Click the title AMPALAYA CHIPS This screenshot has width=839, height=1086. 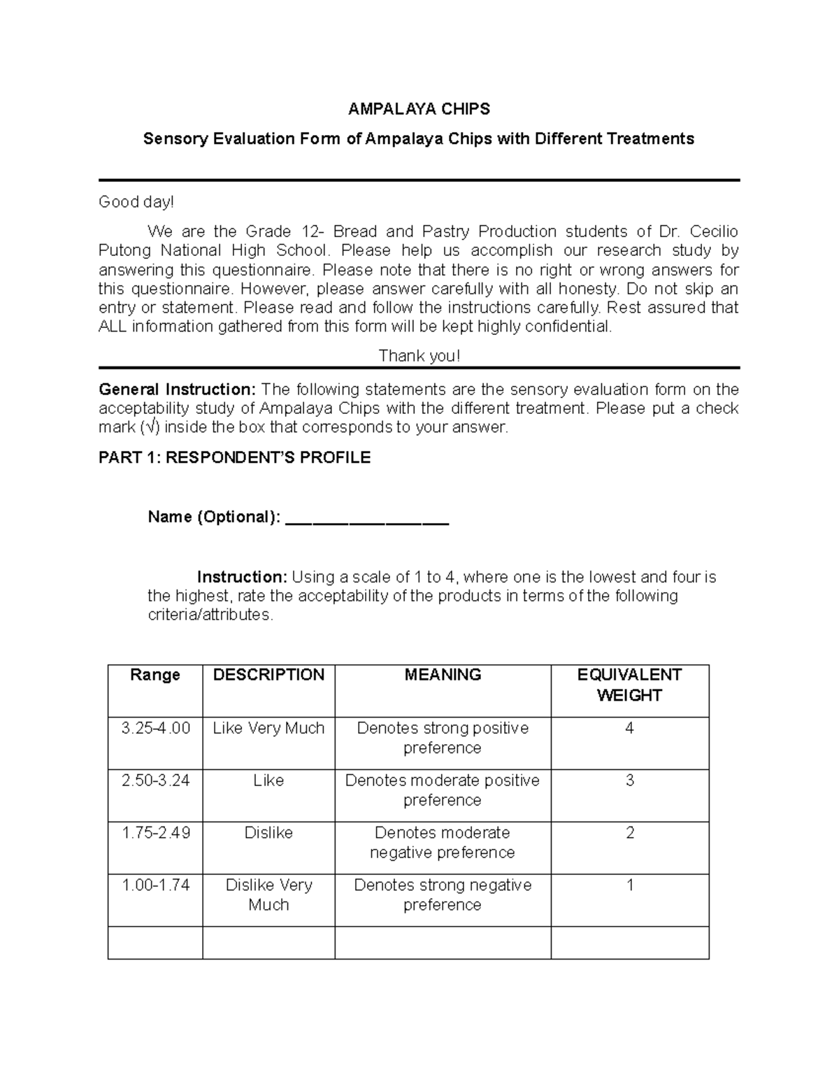[x=419, y=109]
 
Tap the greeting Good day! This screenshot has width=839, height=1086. [x=136, y=202]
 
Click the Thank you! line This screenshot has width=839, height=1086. [x=419, y=356]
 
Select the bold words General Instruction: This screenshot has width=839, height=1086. [x=178, y=390]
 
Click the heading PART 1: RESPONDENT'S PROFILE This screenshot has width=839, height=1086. [x=234, y=458]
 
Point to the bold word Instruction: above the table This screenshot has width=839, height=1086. [x=242, y=578]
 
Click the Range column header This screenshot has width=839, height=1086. [x=155, y=675]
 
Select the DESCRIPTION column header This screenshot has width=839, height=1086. [x=268, y=675]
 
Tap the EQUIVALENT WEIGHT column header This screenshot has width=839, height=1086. [x=629, y=685]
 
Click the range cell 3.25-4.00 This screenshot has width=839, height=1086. [x=155, y=728]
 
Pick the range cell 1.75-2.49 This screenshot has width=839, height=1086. [x=155, y=833]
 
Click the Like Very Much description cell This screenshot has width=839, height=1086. [x=268, y=728]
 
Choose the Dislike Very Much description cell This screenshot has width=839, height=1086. [x=268, y=894]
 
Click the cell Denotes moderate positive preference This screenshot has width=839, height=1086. [x=442, y=790]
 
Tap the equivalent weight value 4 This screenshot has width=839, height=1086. [x=629, y=728]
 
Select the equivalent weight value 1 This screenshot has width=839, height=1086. [x=629, y=885]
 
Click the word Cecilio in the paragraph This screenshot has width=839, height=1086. [x=714, y=231]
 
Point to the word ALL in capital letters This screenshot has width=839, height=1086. [x=113, y=327]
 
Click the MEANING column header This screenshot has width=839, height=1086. [x=443, y=675]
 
